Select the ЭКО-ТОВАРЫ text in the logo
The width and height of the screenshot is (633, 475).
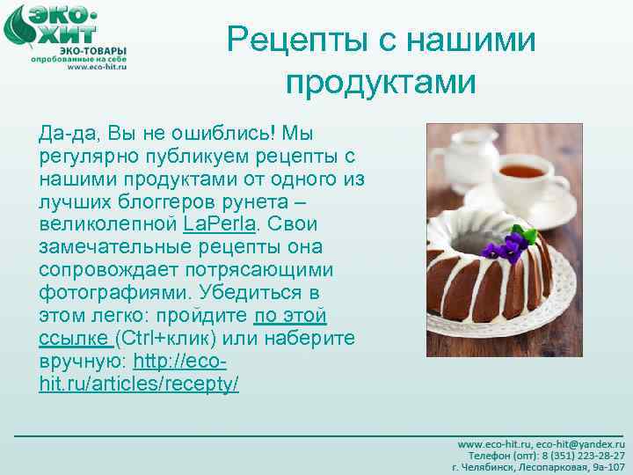(x=89, y=49)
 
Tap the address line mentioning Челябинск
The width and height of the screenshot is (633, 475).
(x=538, y=468)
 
